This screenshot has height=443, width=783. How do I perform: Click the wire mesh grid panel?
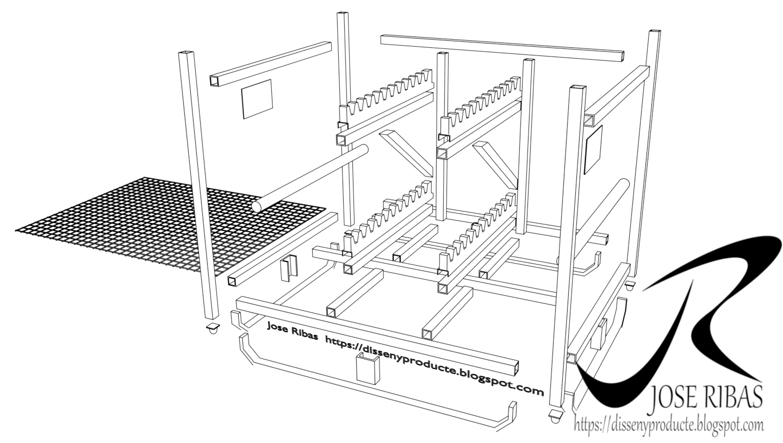[171, 226]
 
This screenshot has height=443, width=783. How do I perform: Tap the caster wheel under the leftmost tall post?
[212, 329]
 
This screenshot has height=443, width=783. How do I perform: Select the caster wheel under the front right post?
[555, 416]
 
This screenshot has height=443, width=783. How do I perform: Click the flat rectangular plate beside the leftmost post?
[257, 99]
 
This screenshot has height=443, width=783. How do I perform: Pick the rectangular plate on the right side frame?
[593, 149]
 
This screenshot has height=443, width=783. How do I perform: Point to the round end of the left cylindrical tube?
[257, 207]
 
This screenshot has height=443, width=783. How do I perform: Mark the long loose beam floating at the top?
[502, 48]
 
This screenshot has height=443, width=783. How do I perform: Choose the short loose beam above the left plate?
[271, 64]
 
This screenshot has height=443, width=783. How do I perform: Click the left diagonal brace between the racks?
[406, 153]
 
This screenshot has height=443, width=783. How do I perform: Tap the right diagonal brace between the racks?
[495, 164]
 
